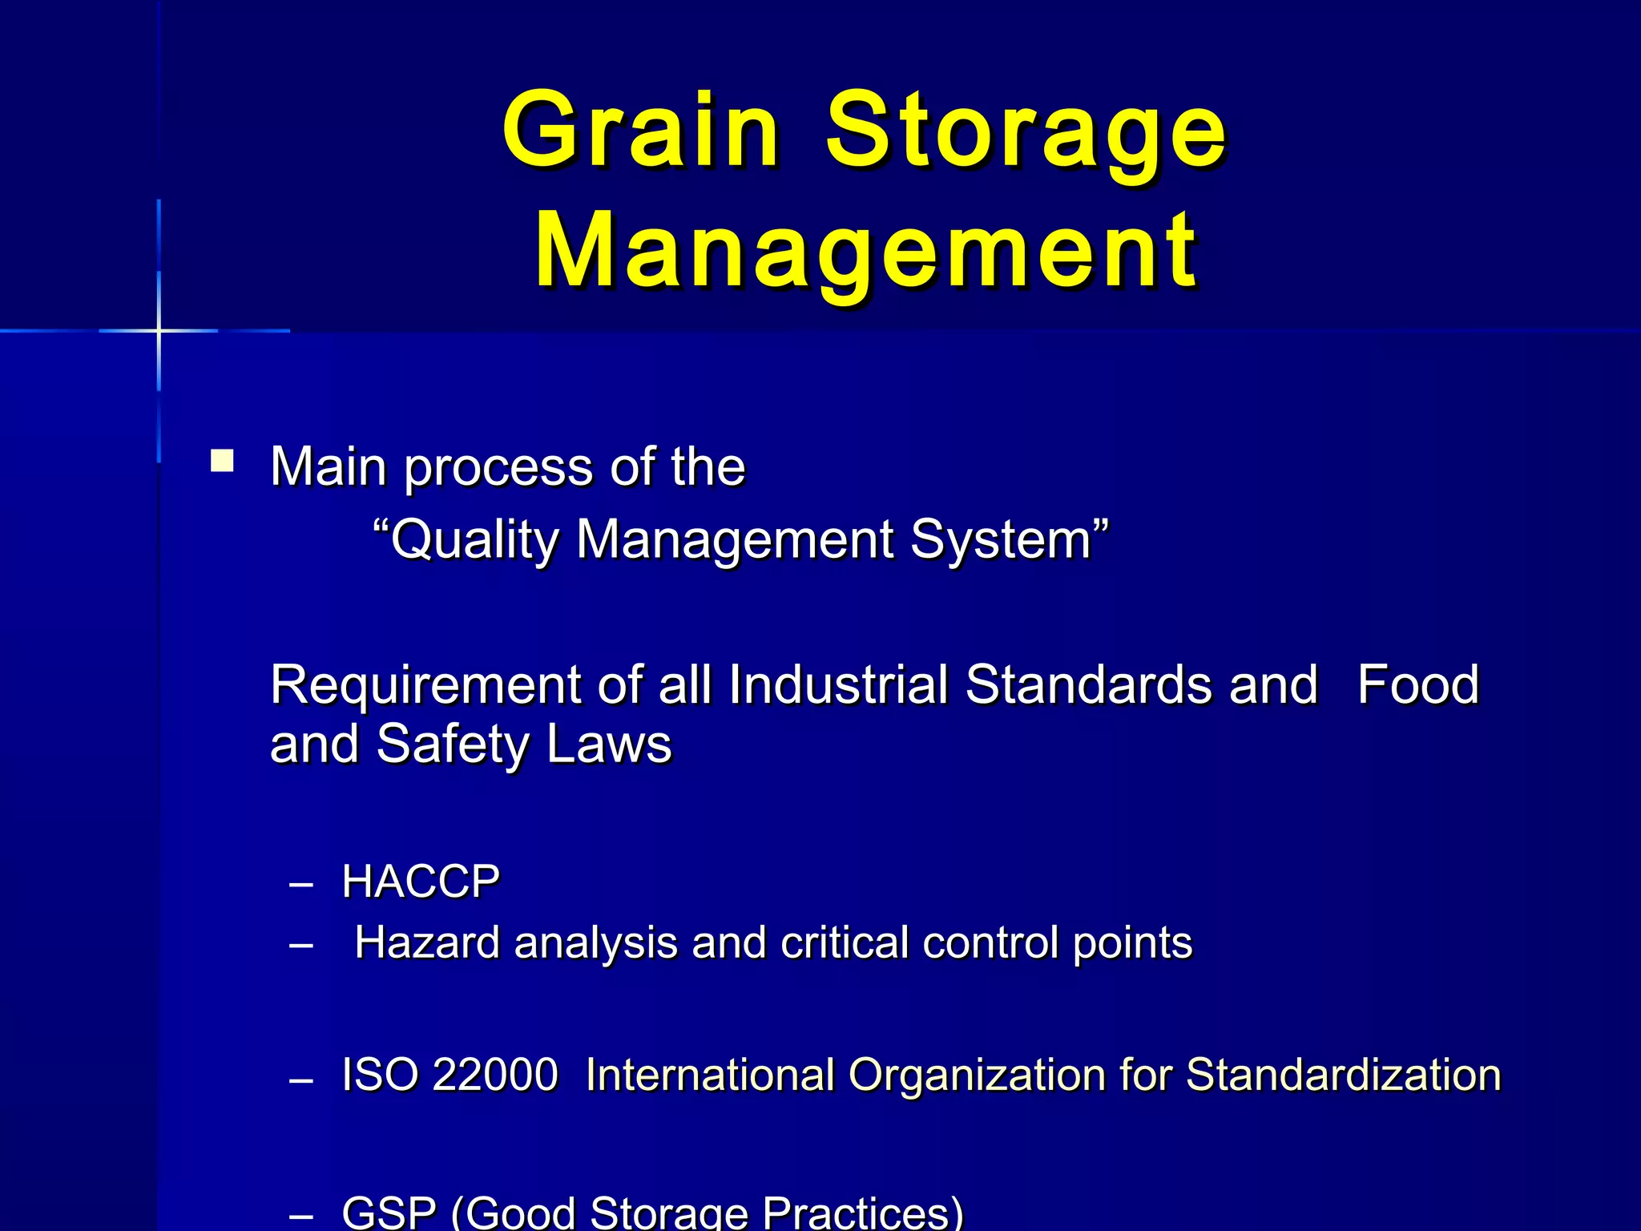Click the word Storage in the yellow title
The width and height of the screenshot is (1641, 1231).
[1026, 132]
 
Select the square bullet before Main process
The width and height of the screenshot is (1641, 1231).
[222, 462]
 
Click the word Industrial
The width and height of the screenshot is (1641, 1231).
[837, 685]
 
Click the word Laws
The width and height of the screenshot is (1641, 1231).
[609, 745]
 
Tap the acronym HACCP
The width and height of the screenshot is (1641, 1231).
[421, 882]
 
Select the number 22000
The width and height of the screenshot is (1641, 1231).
[494, 1075]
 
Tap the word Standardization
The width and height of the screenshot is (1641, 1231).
[1343, 1075]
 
